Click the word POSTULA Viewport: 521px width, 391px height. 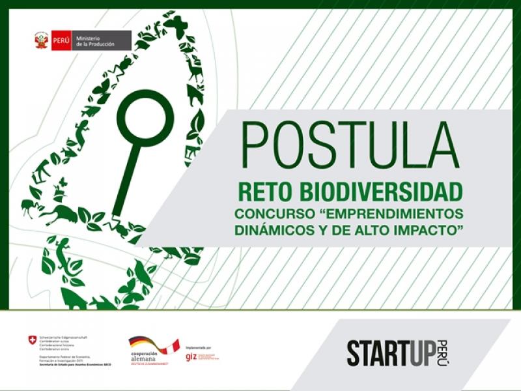click(x=350, y=145)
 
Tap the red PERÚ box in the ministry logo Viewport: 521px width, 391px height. click(x=62, y=40)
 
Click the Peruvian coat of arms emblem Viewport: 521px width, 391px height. click(x=42, y=40)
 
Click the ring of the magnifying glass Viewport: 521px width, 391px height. click(x=145, y=118)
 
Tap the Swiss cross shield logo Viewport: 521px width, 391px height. click(x=33, y=340)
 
